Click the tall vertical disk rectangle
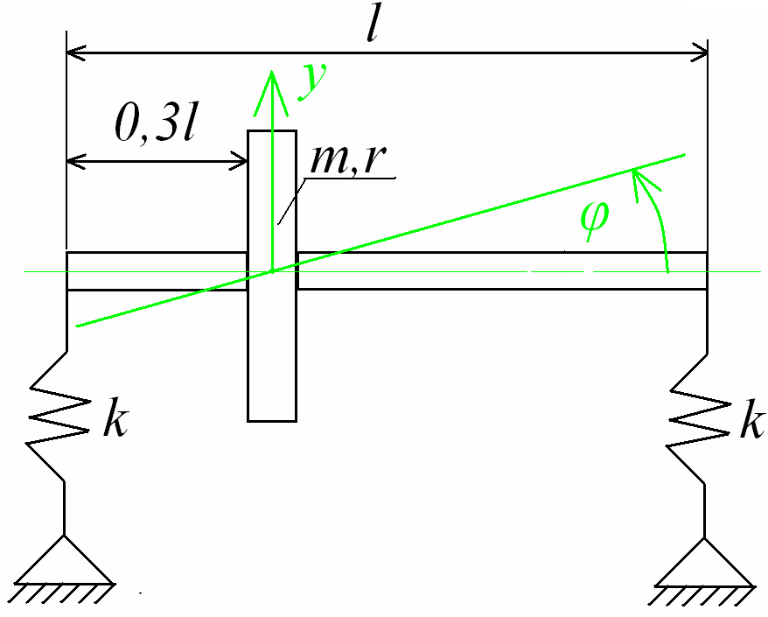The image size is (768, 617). [x=273, y=350]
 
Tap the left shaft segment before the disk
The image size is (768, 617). [x=157, y=270]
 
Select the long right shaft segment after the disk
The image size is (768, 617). [x=502, y=270]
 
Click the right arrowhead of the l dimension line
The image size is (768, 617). [x=698, y=53]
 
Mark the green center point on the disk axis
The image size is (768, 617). [x=273, y=271]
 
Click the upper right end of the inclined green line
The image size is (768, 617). [x=682, y=155]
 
